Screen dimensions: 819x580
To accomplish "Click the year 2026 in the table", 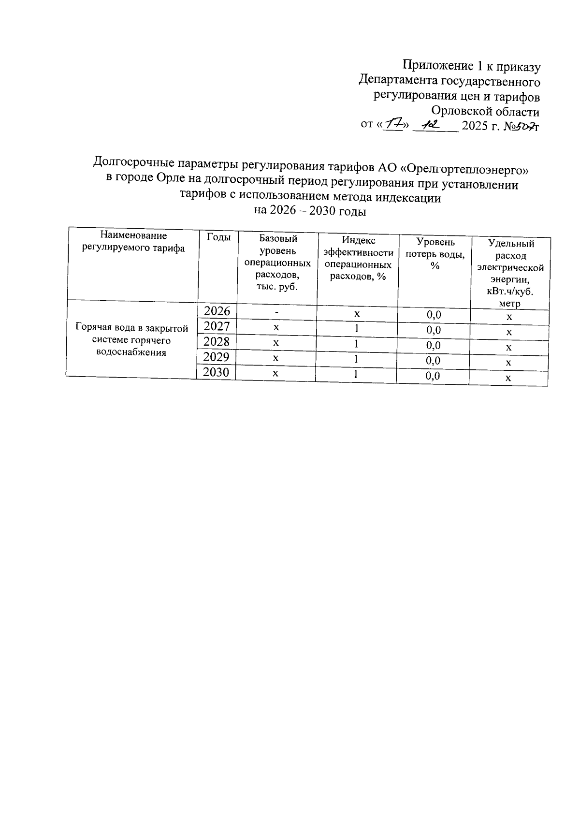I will [217, 311].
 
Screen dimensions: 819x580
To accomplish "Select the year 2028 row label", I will [217, 342].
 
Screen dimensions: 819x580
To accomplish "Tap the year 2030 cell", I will [217, 372].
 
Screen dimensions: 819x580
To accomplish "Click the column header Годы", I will [218, 237].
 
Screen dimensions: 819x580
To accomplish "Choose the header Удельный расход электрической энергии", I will [511, 274].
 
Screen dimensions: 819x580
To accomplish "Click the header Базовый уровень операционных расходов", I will [278, 263].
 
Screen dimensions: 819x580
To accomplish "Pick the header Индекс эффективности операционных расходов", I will [358, 258].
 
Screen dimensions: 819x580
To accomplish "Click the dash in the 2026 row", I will [276, 312].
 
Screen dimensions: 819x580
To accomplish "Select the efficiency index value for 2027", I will [357, 329].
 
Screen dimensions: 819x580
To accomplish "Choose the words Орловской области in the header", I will [485, 112].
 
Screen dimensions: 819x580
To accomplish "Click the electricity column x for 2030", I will [508, 378].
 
